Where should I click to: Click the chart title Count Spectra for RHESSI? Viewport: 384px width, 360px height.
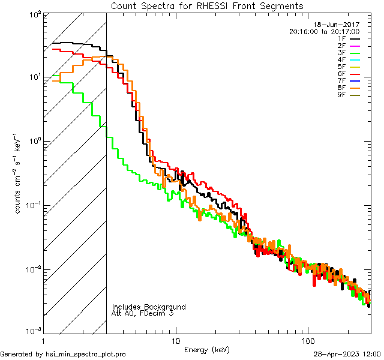point(207,6)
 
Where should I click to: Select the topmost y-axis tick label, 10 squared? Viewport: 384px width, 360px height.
point(34,14)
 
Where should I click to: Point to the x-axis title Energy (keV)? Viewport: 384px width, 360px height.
point(207,349)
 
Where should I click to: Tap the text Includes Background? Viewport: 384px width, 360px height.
point(149,307)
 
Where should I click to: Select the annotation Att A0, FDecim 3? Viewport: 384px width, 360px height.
point(143,313)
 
